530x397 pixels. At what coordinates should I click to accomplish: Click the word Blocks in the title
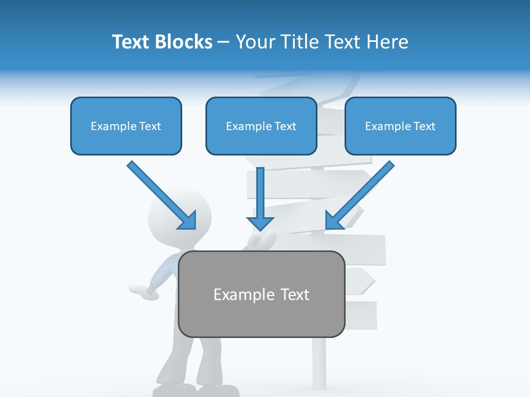click(184, 42)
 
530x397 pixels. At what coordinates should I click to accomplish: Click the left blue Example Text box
click(126, 126)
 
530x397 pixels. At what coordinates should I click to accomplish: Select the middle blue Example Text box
click(261, 126)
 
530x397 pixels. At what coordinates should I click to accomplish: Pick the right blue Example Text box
click(400, 126)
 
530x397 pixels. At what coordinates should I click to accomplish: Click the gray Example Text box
click(261, 294)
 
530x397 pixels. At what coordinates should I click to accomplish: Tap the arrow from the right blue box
click(361, 194)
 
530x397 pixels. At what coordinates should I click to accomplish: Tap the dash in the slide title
click(224, 42)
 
